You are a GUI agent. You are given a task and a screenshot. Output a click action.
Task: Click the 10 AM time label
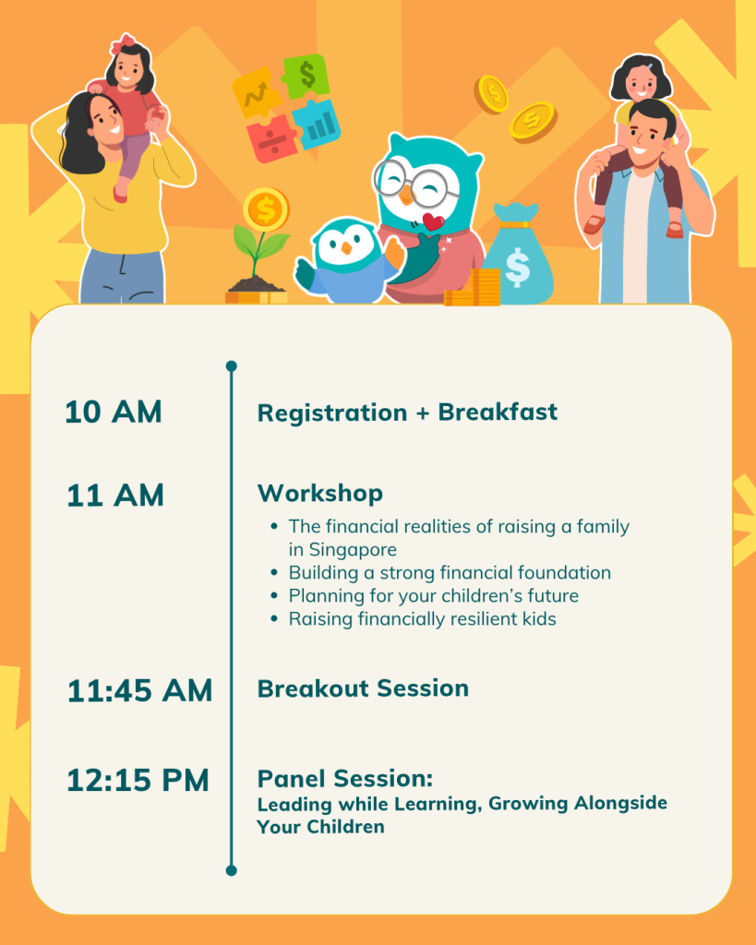114,413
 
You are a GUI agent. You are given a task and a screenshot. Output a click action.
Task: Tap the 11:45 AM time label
139,690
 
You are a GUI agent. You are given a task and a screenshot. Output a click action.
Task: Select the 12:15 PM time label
138,780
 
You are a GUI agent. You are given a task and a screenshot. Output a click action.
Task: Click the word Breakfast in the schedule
498,413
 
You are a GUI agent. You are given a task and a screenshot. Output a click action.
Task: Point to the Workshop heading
320,494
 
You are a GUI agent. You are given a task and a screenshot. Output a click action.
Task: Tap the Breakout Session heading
363,688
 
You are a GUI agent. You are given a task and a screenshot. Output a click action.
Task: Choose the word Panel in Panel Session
291,779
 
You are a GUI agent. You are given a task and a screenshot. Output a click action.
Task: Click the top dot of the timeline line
232,365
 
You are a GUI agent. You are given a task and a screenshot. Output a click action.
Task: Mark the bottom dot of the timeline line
232,870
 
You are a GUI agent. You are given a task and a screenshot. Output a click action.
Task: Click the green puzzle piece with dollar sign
306,76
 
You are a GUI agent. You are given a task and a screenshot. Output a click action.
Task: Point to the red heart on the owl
433,221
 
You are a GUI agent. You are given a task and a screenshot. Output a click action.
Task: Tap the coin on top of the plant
266,209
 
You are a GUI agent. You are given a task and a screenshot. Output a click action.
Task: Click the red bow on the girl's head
124,44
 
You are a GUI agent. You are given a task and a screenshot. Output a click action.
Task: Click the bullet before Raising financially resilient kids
274,618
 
